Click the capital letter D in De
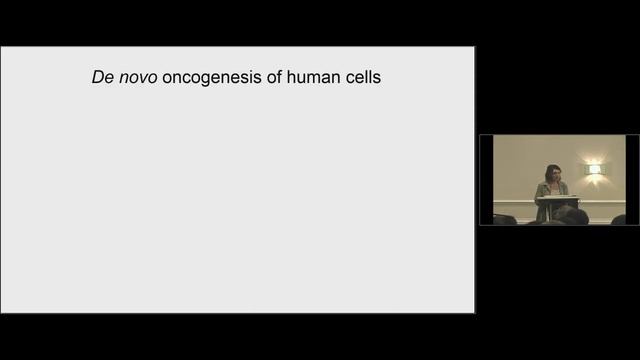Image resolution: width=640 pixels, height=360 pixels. (x=97, y=76)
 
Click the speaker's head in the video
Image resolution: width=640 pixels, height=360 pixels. (x=552, y=172)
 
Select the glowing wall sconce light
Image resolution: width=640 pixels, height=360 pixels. (x=594, y=169)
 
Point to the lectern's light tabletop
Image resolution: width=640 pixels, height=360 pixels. (x=557, y=198)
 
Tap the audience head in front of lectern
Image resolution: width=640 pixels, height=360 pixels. (x=572, y=216)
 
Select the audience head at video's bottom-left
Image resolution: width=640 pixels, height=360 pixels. (x=504, y=219)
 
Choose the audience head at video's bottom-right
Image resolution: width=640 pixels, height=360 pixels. (x=618, y=220)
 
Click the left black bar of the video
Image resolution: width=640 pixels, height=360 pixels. (x=486, y=180)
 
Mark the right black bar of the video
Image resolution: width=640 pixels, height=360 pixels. (x=632, y=180)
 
